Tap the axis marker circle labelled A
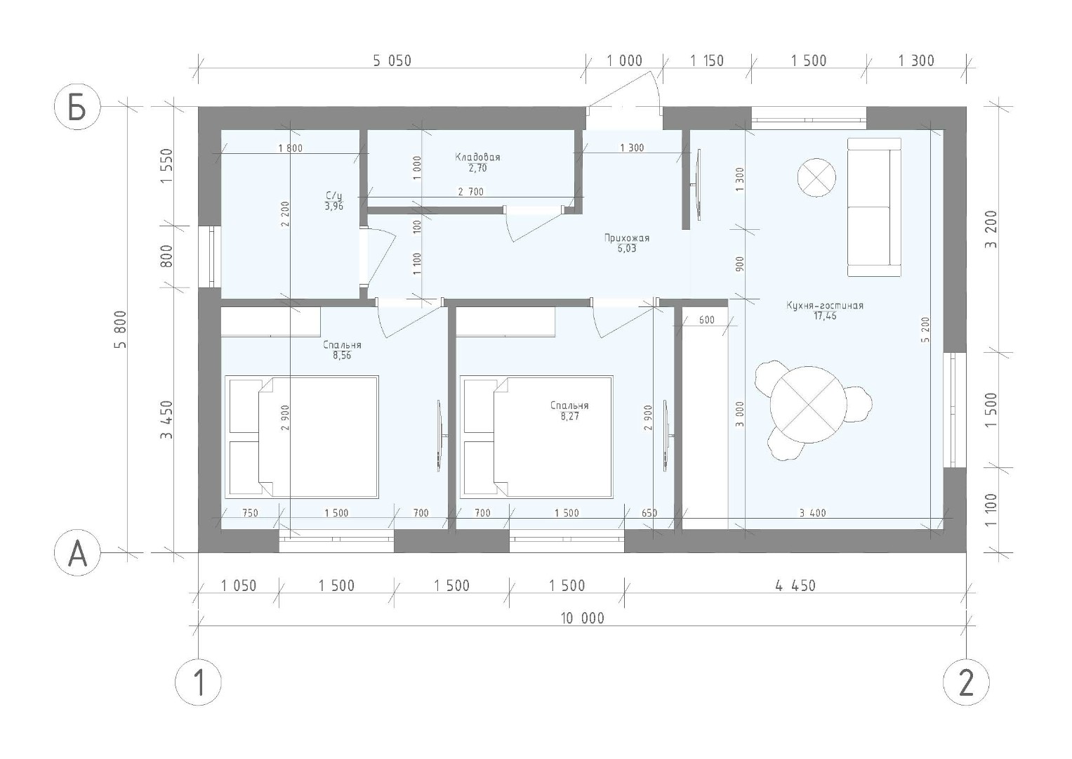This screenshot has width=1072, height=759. coord(77,552)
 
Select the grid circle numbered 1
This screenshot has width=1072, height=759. coord(198,682)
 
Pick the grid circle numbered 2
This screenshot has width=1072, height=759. coord(966,682)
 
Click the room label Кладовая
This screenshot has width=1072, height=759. coord(477,157)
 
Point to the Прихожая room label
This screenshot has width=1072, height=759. coord(626,238)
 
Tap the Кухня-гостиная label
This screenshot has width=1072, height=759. coord(825,305)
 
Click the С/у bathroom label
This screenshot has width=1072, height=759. coord(334,196)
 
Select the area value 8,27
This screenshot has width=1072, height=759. coord(569,416)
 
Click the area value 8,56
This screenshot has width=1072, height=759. coord(342,356)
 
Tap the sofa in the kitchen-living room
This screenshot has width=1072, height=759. coord(874,207)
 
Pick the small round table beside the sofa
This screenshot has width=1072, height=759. coord(816,177)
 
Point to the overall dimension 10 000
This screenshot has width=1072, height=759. coord(583,618)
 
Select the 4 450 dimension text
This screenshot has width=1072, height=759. coord(795,585)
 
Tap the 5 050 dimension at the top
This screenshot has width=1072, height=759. coord(392,61)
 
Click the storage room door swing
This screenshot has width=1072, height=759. coord(535,224)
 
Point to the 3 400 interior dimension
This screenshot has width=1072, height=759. coord(813,513)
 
